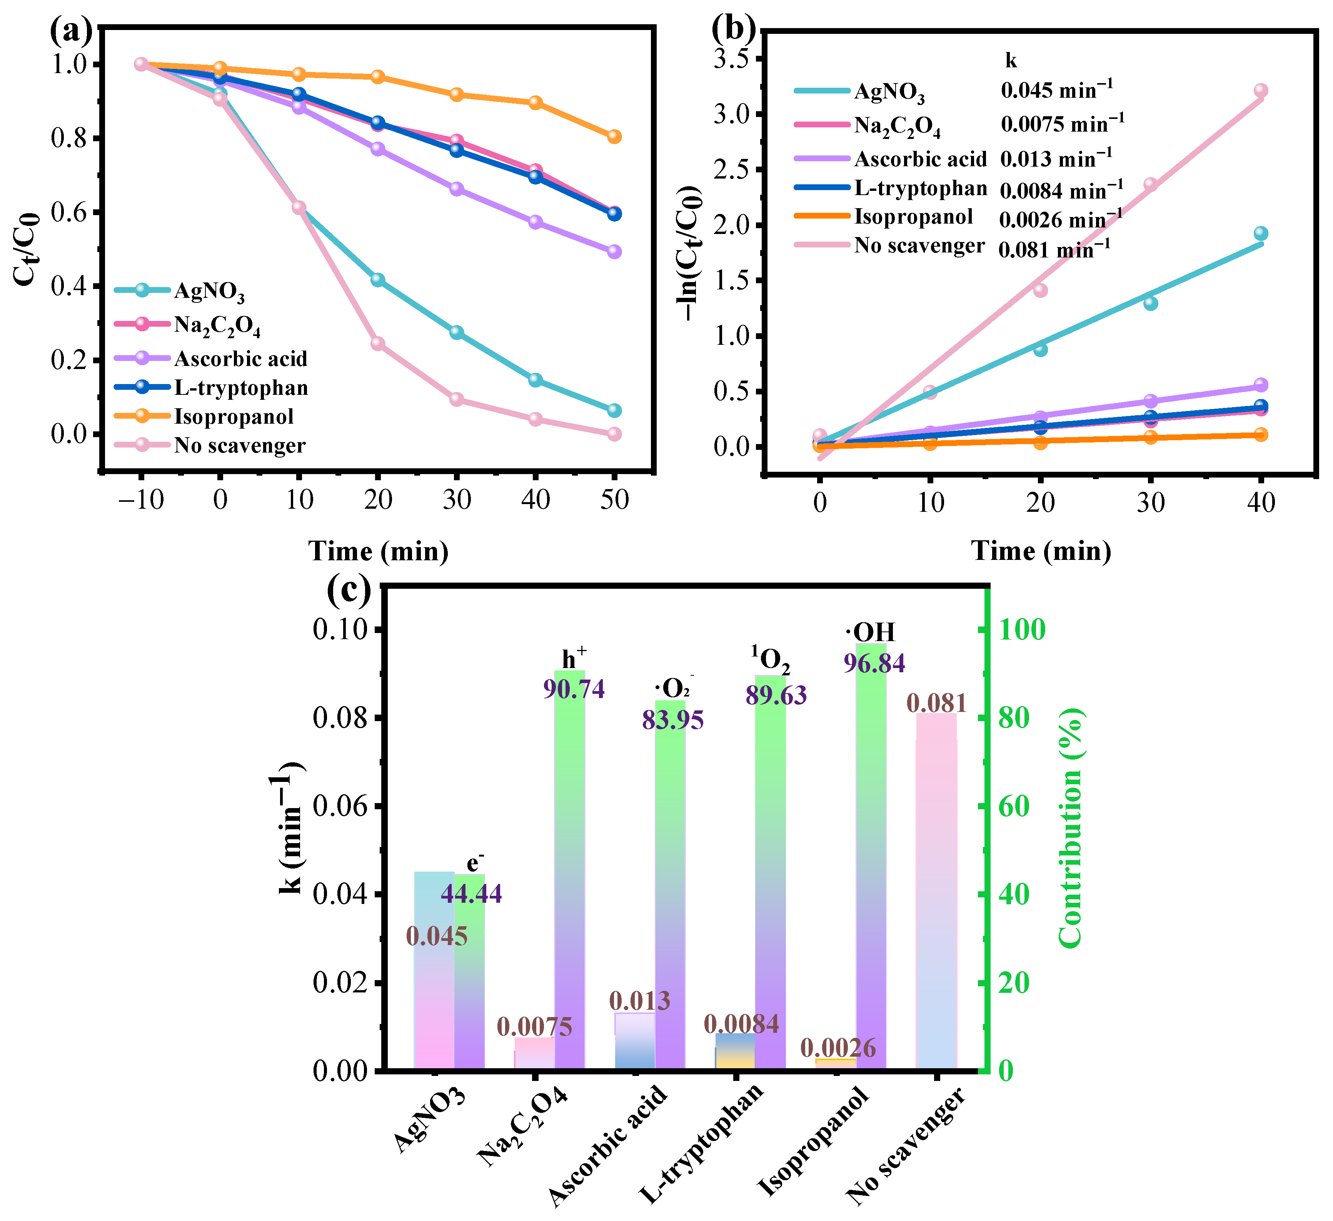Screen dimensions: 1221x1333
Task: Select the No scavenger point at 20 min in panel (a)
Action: pyautogui.click(x=377, y=343)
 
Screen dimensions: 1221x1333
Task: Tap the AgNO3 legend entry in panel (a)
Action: pyautogui.click(x=209, y=291)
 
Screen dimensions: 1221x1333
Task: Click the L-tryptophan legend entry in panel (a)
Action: pyautogui.click(x=241, y=388)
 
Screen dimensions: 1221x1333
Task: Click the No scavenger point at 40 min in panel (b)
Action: pyautogui.click(x=1260, y=90)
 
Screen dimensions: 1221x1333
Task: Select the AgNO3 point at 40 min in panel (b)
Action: pyautogui.click(x=1260, y=234)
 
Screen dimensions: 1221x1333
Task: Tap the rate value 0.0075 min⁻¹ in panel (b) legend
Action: pyautogui.click(x=1062, y=124)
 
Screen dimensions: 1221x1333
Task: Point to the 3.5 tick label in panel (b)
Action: pyautogui.click(x=735, y=59)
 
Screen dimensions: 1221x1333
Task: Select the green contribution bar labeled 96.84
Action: pyautogui.click(x=871, y=860)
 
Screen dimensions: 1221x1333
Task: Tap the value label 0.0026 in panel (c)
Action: pyautogui.click(x=838, y=1048)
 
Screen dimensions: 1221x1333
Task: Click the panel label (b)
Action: pyautogui.click(x=732, y=28)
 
